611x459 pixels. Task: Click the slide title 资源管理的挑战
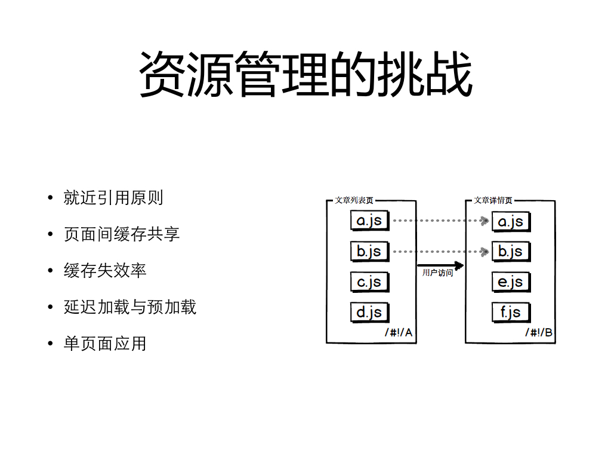point(306,74)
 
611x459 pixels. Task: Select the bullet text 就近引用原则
point(113,198)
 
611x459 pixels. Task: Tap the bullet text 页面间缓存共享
point(122,234)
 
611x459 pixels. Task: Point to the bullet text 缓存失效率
point(105,271)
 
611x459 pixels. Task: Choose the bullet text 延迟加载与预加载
point(130,307)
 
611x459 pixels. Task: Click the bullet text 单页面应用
point(105,344)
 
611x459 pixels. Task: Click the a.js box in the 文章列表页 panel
point(370,221)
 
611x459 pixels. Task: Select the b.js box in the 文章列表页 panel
point(370,251)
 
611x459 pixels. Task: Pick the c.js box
point(370,281)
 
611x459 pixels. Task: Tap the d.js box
point(370,312)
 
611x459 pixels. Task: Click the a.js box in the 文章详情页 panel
point(511,222)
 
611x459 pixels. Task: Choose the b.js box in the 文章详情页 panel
point(511,252)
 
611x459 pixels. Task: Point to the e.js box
point(511,282)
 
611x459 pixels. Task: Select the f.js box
point(511,312)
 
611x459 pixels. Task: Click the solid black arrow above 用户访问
point(440,265)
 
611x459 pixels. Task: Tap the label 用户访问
point(437,273)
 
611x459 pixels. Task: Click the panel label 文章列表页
point(354,200)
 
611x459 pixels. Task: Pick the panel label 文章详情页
point(493,200)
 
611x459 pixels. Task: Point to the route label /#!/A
point(399,332)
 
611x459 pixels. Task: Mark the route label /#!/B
point(539,332)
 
